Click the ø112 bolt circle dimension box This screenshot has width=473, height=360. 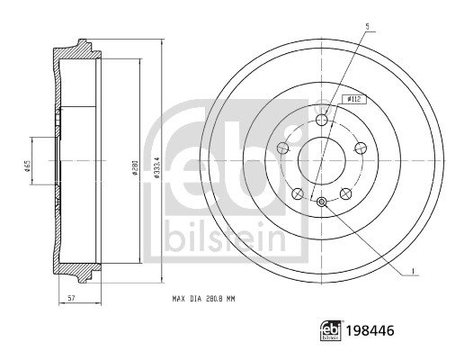(354, 100)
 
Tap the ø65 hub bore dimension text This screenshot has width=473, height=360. (27, 166)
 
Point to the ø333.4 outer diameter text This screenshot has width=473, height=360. (156, 166)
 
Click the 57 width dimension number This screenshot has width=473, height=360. (71, 299)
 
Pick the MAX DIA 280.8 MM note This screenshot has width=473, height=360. (203, 299)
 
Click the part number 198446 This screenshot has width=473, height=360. (370, 331)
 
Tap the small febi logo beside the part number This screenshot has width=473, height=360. (332, 330)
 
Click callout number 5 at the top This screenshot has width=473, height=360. (367, 27)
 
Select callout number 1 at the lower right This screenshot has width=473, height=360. (414, 271)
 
